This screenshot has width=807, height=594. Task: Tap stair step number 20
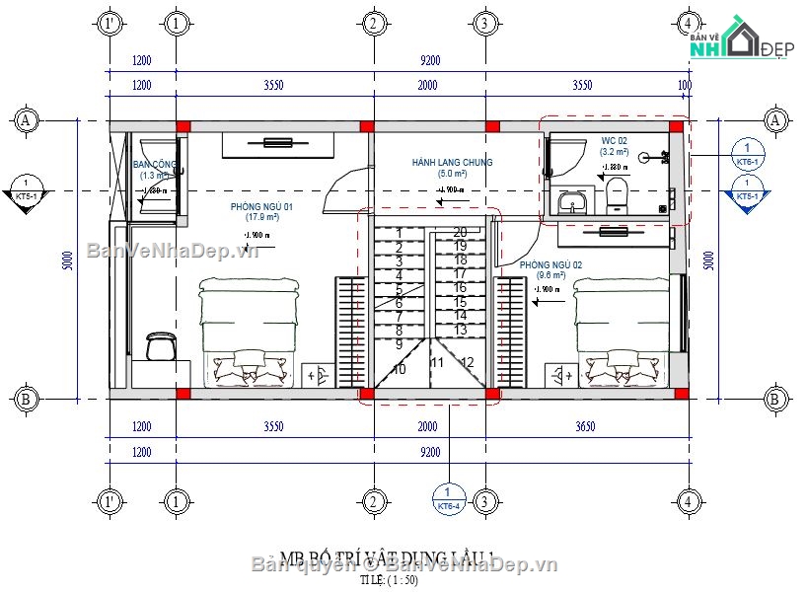[460, 232]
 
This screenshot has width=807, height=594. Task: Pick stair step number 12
[468, 362]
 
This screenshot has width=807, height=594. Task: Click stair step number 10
[399, 369]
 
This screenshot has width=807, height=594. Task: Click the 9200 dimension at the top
[430, 59]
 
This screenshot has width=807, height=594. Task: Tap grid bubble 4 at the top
[689, 22]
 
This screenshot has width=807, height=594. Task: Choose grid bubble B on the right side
[775, 399]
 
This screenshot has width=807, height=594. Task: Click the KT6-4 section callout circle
[448, 498]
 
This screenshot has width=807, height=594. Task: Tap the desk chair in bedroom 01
[158, 345]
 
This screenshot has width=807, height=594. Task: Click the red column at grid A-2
[366, 126]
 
